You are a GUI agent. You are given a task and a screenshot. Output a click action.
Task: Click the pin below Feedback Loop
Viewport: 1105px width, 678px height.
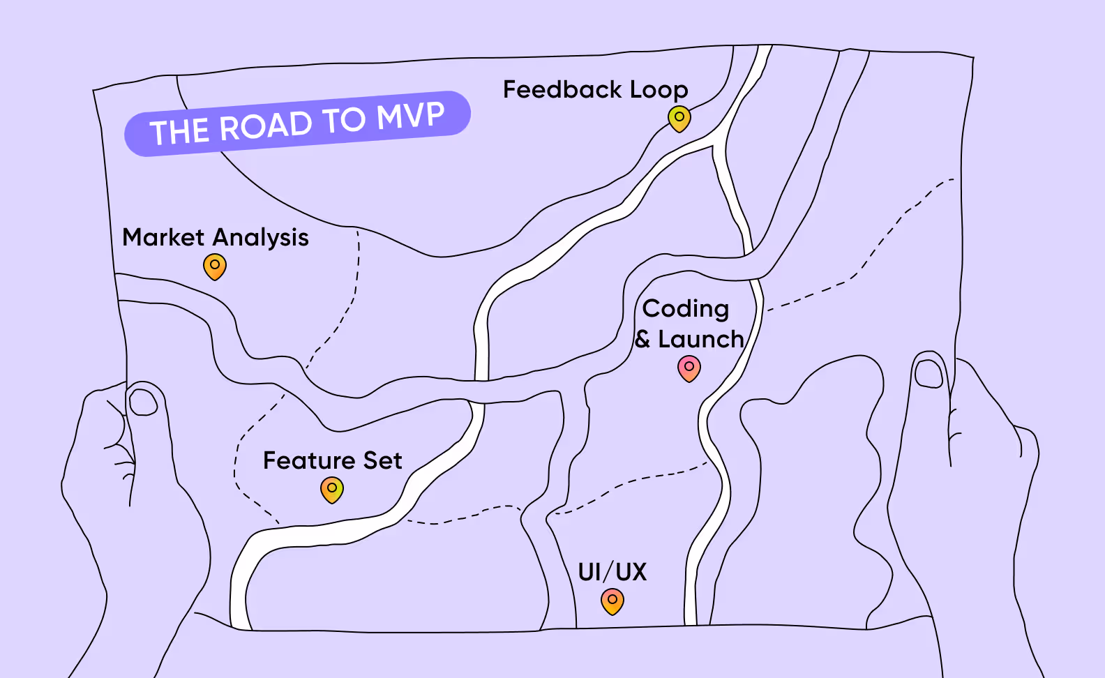679,118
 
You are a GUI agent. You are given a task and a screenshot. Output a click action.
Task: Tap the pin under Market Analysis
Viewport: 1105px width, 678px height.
215,266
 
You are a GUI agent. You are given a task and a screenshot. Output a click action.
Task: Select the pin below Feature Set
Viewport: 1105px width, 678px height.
332,490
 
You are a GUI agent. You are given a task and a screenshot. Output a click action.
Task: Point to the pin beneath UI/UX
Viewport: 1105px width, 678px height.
612,601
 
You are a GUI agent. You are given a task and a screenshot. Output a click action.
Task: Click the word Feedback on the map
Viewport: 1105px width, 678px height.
562,90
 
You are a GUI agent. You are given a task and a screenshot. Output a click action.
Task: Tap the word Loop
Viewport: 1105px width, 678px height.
659,91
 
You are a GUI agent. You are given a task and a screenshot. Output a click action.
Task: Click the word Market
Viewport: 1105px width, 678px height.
163,237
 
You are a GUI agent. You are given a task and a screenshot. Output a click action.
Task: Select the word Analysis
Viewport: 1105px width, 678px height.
261,239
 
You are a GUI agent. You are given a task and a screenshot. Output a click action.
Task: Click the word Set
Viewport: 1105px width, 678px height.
383,461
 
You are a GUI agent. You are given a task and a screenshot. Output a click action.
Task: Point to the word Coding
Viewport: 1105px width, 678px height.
686,309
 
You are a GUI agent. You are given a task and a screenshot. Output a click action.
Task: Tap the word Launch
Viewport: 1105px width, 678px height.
701,340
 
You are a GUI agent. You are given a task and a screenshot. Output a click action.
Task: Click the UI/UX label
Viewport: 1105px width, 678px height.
612,572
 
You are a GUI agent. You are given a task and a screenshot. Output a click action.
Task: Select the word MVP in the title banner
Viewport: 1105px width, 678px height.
410,116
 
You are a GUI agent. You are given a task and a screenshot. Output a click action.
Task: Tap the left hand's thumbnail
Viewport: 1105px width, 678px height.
144,402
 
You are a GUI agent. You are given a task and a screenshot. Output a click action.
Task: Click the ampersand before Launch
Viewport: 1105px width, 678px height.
642,340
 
